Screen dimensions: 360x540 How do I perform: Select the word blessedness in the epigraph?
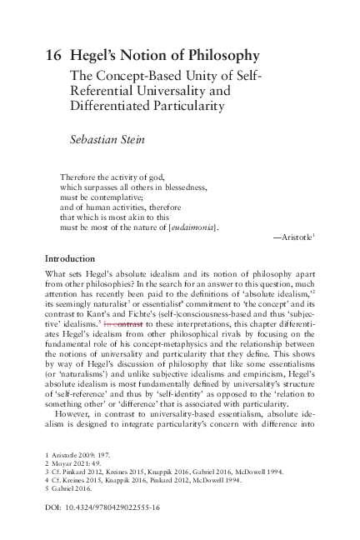[x=179, y=188]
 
